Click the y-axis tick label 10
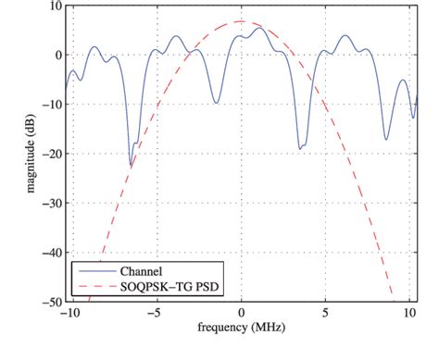54,6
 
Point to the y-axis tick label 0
56,55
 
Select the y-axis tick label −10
51,105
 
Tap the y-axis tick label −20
51,154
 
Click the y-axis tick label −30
51,203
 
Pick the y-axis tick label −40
51,252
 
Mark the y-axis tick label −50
51,301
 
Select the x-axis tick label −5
154,314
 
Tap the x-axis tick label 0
241,314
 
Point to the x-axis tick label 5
325,314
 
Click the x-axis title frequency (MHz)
241,328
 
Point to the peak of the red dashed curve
241,21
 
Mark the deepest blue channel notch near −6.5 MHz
131,165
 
